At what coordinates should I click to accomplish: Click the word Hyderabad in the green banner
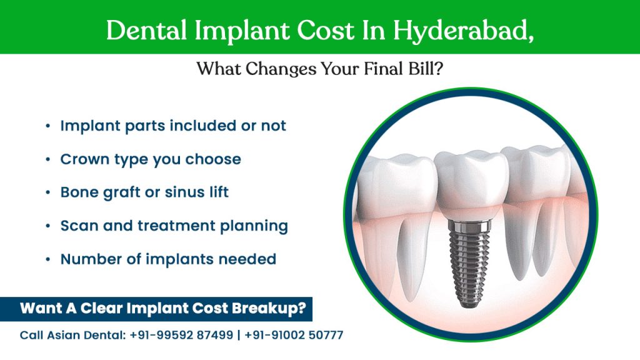point(463,31)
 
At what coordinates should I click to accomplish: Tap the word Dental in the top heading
point(146,30)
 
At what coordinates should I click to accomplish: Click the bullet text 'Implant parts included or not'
point(173,126)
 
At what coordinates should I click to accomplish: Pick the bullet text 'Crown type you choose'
point(151,159)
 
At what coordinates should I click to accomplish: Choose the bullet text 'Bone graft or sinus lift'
point(144,192)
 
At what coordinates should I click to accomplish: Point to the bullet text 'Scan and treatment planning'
point(174,226)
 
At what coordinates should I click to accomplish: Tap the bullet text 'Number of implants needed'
point(168,259)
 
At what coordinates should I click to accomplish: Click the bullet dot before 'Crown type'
point(48,159)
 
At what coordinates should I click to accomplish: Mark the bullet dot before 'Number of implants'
point(48,259)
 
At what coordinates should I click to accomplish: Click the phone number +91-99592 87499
point(181,335)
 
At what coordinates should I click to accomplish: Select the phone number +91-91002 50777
point(294,335)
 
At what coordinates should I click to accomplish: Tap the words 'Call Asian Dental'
point(72,335)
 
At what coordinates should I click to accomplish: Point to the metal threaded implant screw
point(469,262)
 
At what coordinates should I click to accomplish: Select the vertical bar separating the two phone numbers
point(239,335)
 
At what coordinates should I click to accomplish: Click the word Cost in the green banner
point(325,30)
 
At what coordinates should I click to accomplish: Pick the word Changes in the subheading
point(281,69)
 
